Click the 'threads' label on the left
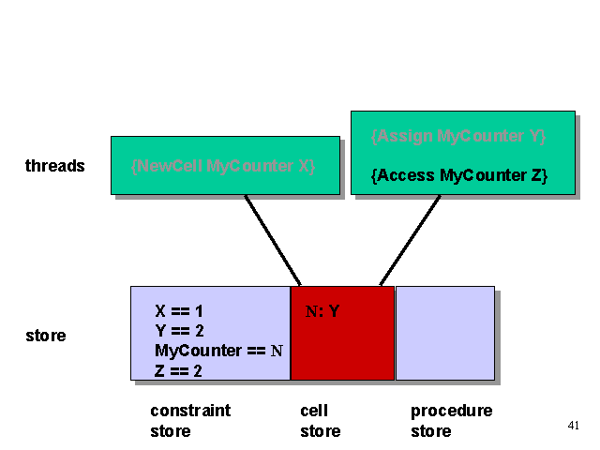(54, 166)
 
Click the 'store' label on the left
(45, 335)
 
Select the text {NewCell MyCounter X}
(223, 166)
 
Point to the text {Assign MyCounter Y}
(458, 136)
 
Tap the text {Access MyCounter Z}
(458, 174)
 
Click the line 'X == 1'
(179, 310)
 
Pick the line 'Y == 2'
(179, 330)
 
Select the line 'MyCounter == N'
(217, 351)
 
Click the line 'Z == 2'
(179, 370)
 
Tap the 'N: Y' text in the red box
(322, 311)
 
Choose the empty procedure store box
(444, 333)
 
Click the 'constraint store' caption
(189, 421)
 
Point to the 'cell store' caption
(320, 421)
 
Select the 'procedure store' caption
(451, 421)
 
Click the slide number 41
(574, 427)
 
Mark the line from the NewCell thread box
(273, 240)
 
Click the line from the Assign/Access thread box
(410, 240)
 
